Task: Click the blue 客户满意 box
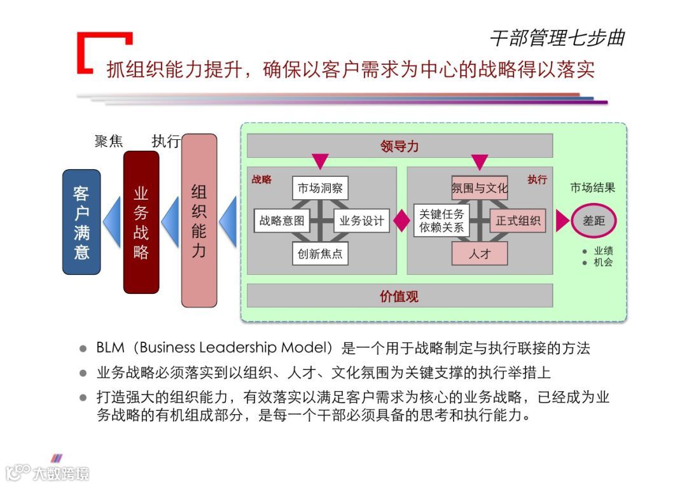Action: [x=81, y=222]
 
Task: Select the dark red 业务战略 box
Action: [x=141, y=222]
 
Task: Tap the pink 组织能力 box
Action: [x=199, y=220]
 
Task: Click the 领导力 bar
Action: [x=399, y=146]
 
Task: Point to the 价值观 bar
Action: [x=399, y=296]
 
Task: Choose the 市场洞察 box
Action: [x=321, y=188]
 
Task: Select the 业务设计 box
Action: [x=361, y=221]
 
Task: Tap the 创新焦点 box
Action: [x=321, y=254]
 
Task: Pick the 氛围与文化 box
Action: [x=480, y=188]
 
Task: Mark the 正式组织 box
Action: [x=518, y=221]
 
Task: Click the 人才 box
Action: [x=480, y=254]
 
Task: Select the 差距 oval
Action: [x=593, y=221]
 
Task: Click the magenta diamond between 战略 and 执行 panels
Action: [x=401, y=221]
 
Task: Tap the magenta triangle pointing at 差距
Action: [x=562, y=221]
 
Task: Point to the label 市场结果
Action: [x=592, y=188]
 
